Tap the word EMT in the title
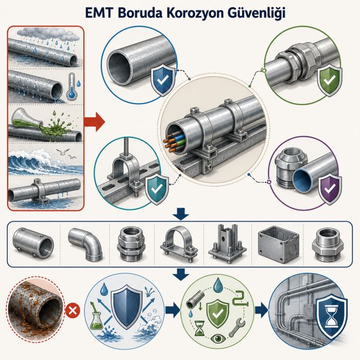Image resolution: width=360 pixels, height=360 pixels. (x=99, y=13)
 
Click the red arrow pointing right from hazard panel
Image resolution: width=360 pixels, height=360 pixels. (x=94, y=121)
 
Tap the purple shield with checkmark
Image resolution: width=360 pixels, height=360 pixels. (x=330, y=189)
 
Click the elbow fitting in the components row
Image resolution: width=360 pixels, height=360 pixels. (x=86, y=243)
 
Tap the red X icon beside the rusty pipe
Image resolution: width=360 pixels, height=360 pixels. (x=73, y=311)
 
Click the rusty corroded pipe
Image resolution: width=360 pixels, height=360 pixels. (x=35, y=311)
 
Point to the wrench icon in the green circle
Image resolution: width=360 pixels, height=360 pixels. (x=237, y=326)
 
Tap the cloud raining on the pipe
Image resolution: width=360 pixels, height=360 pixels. (x=50, y=34)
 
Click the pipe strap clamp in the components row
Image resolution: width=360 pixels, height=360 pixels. (x=179, y=244)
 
